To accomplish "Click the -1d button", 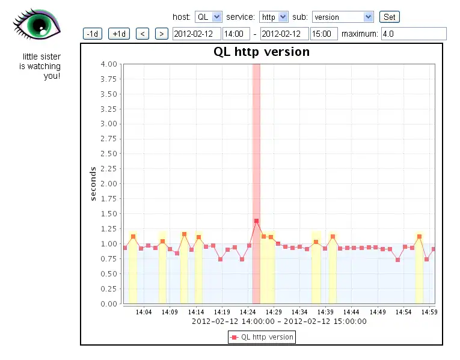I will coord(93,34).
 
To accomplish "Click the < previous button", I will coord(143,34).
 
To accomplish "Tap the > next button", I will coord(161,34).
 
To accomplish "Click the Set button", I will coord(390,17).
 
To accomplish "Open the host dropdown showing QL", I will coord(209,17).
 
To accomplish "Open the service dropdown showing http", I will coord(274,17).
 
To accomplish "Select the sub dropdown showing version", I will coord(343,17).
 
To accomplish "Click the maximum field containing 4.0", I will coord(414,34).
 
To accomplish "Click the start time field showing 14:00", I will coord(236,34).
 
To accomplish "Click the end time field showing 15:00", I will coord(324,34).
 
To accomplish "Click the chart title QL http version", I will coord(262,52).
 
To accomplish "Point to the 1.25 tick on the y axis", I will coord(109,228).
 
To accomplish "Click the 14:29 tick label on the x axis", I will coord(274,312).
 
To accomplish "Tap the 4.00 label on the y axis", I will coord(109,64).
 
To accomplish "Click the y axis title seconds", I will coord(93,183).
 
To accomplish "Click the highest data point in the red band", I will coord(256,221).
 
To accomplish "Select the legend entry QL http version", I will coord(262,337).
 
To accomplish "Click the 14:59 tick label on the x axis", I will coord(428,312).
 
